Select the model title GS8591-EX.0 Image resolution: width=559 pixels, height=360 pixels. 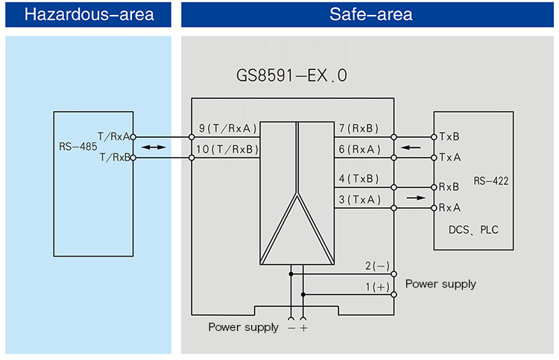coord(291,76)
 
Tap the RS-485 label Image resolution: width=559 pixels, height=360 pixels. coord(78,147)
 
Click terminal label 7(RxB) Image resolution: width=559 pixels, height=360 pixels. coord(359,128)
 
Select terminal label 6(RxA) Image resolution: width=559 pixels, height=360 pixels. coord(359,149)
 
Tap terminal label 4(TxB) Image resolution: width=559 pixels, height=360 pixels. coord(359,178)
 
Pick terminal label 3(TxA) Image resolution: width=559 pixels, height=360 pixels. coord(359,199)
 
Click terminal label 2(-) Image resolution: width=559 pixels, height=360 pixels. coord(377,266)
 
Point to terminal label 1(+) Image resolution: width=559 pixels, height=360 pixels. coord(377,287)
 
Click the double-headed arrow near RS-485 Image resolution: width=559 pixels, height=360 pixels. coord(154,148)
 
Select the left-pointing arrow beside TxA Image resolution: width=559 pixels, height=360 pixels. coord(410,148)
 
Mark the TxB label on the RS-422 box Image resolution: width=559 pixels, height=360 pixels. coord(449,137)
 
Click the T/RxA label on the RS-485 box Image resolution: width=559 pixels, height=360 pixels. coord(114,136)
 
